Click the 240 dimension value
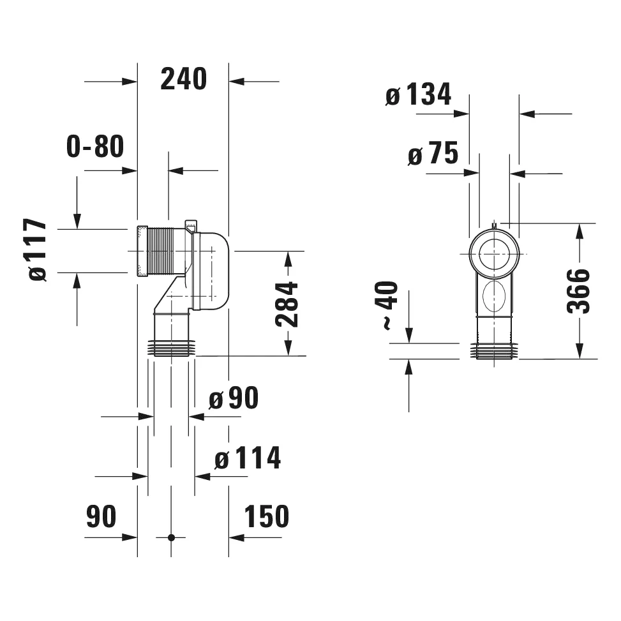pyautogui.click(x=184, y=79)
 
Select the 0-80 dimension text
pyautogui.click(x=95, y=147)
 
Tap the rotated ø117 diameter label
pyautogui.click(x=38, y=250)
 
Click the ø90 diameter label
pyautogui.click(x=234, y=400)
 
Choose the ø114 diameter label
pyautogui.click(x=248, y=458)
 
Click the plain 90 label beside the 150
pyautogui.click(x=101, y=516)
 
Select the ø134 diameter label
pyautogui.click(x=419, y=95)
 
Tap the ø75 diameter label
pyautogui.click(x=433, y=154)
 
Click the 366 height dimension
pyautogui.click(x=579, y=291)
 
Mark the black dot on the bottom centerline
pyautogui.click(x=171, y=537)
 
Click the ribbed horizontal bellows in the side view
pyautogui.click(x=168, y=251)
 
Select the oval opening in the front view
pyautogui.click(x=495, y=297)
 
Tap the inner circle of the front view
pyautogui.click(x=495, y=253)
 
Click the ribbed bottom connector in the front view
pyautogui.click(x=495, y=351)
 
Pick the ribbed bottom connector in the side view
pyautogui.click(x=171, y=348)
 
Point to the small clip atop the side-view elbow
pyautogui.click(x=191, y=226)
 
